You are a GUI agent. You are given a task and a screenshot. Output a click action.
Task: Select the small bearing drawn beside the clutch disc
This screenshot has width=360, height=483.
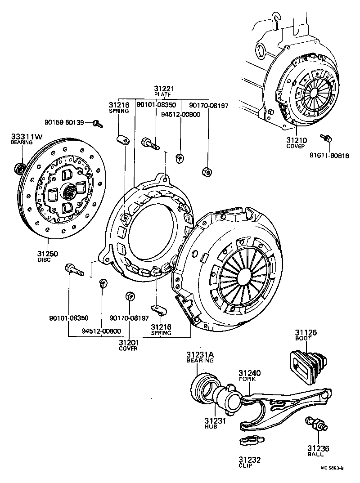coord(20,168)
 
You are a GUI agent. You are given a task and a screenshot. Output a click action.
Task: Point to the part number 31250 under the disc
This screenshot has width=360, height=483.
coord(47,254)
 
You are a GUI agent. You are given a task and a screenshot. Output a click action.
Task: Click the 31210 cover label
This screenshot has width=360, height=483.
coord(295,140)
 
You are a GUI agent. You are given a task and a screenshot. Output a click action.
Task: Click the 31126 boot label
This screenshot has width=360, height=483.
coord(306,332)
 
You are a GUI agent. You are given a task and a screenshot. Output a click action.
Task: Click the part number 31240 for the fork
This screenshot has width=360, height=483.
coord(249,373)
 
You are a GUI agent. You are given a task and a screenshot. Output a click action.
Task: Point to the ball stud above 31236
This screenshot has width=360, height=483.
coord(314,425)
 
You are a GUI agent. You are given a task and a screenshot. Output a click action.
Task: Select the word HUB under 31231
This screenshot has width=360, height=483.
coord(210,426)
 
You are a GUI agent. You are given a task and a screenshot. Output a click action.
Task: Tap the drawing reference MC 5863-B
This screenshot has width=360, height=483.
coord(332,468)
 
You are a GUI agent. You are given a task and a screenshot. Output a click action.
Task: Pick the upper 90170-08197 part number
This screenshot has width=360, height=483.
coord(209,106)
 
